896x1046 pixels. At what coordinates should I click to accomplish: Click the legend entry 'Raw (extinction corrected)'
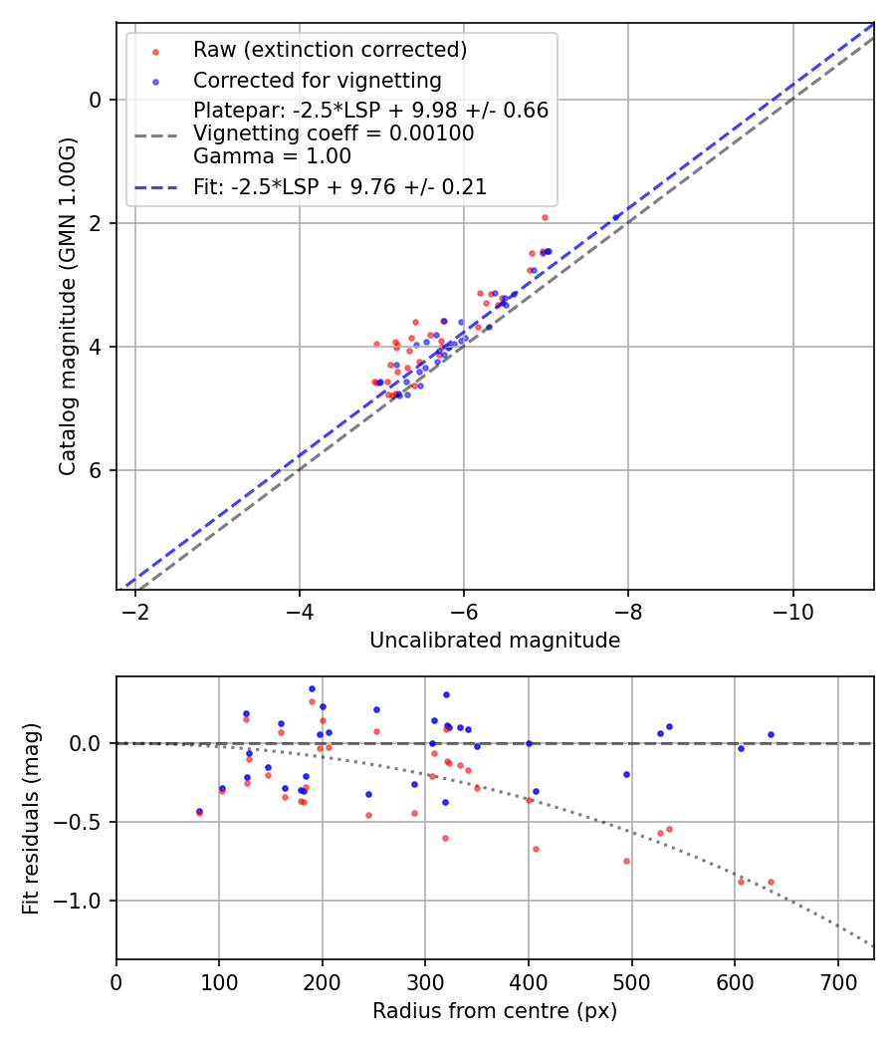click(330, 50)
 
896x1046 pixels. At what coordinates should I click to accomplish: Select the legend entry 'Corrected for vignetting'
click(317, 80)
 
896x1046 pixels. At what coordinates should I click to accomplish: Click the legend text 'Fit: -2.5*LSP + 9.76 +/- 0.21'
click(339, 187)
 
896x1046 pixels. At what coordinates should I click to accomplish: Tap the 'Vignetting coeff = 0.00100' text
click(334, 133)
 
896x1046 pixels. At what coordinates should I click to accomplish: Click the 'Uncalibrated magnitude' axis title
click(495, 641)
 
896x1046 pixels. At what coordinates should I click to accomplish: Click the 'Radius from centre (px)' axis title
click(495, 1011)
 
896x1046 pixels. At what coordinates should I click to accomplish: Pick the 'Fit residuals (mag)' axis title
click(31, 818)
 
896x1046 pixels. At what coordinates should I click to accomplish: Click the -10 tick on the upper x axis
click(792, 607)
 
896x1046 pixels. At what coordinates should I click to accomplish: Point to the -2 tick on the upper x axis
click(135, 607)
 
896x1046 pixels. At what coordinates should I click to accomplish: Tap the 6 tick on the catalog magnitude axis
click(96, 470)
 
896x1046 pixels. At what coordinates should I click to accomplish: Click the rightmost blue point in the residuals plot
click(771, 734)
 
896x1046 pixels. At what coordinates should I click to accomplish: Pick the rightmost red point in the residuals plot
click(771, 882)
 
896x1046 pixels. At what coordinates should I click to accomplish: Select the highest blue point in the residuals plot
click(312, 688)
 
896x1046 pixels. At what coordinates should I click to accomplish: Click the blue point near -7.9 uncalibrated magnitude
click(615, 216)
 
